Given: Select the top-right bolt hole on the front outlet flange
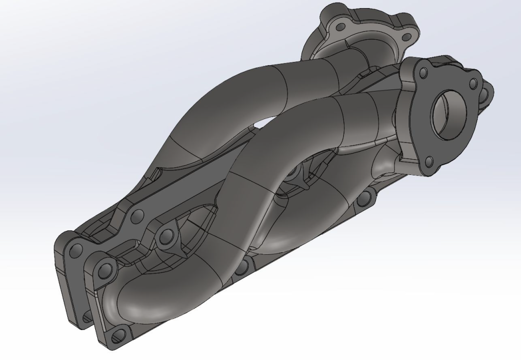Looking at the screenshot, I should (473, 82).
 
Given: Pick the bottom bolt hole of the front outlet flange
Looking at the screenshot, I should (429, 162).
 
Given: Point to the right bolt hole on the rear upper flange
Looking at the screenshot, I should (406, 37).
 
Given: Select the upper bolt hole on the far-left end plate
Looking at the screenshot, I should (76, 250).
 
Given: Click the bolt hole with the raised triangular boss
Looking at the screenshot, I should (166, 235).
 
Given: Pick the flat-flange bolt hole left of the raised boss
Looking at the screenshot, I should (136, 217).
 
